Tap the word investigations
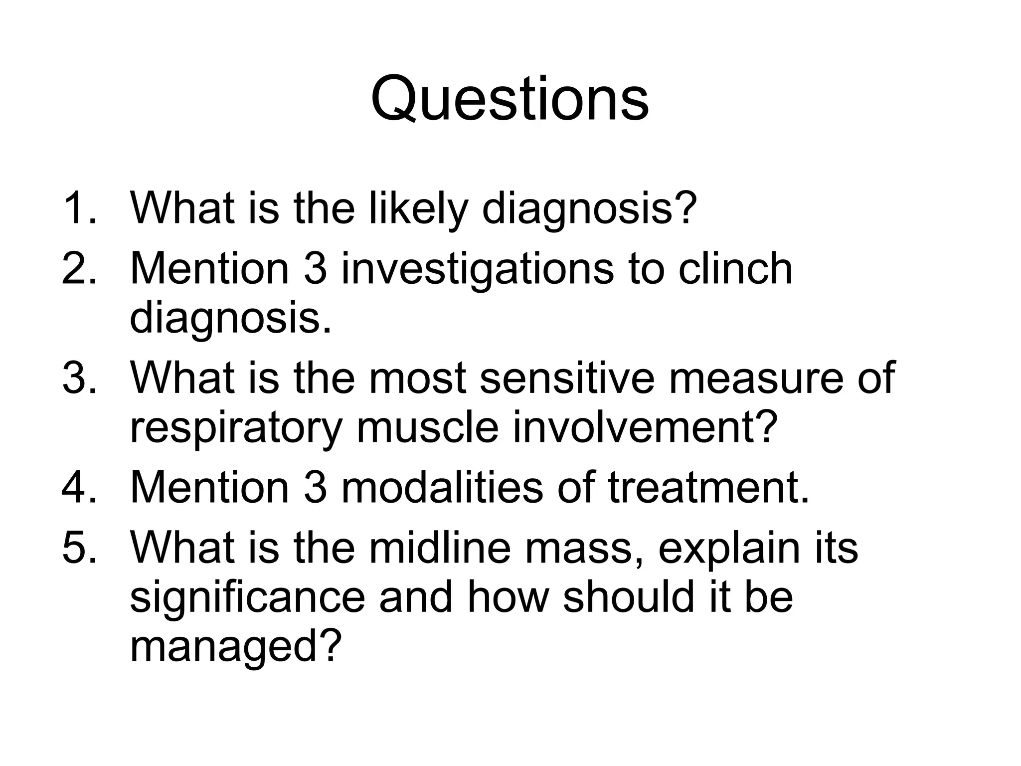point(477,269)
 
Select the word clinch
point(735,268)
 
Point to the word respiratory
point(236,428)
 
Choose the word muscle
point(427,427)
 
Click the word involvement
point(645,427)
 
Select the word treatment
point(708,487)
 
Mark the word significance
point(247,597)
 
